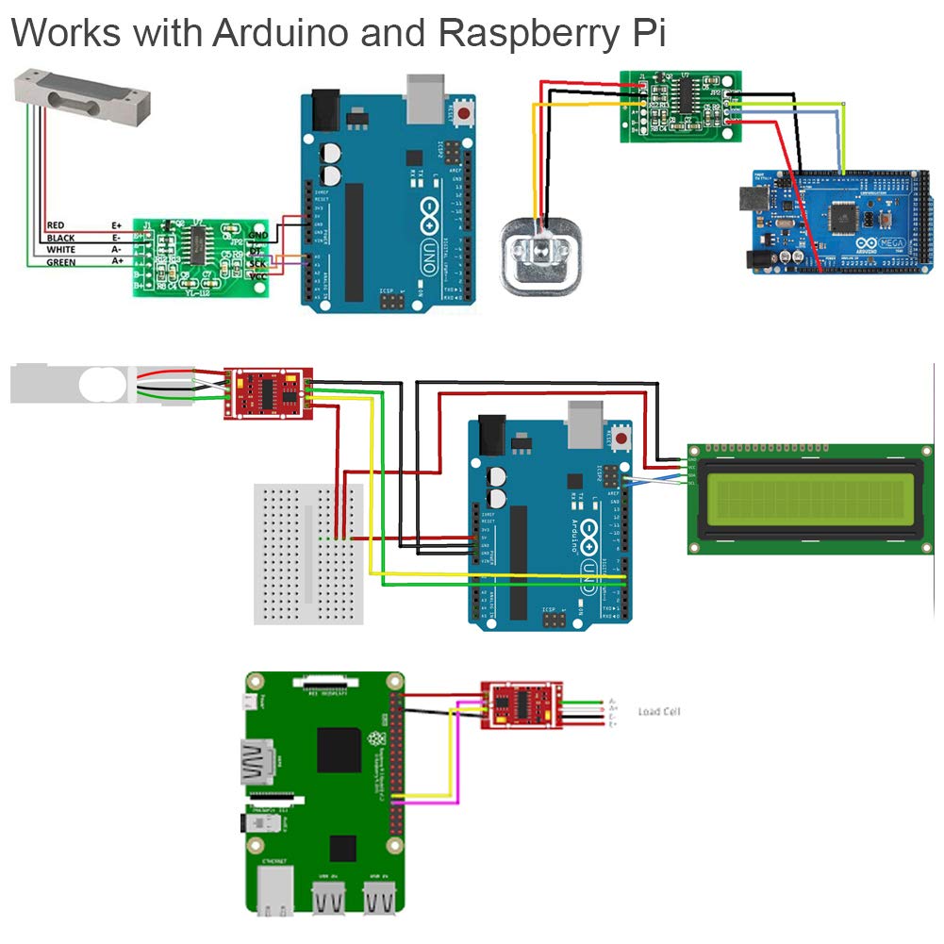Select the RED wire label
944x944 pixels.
56,225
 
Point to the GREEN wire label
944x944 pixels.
61,261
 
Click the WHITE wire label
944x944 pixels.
61,250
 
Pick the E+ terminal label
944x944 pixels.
117,225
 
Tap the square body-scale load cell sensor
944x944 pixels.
542,256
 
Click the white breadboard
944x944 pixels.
308,553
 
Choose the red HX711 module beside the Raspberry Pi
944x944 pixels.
522,705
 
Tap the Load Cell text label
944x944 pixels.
658,711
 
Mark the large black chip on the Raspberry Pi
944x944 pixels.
340,751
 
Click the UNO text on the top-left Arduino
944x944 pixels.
436,251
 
